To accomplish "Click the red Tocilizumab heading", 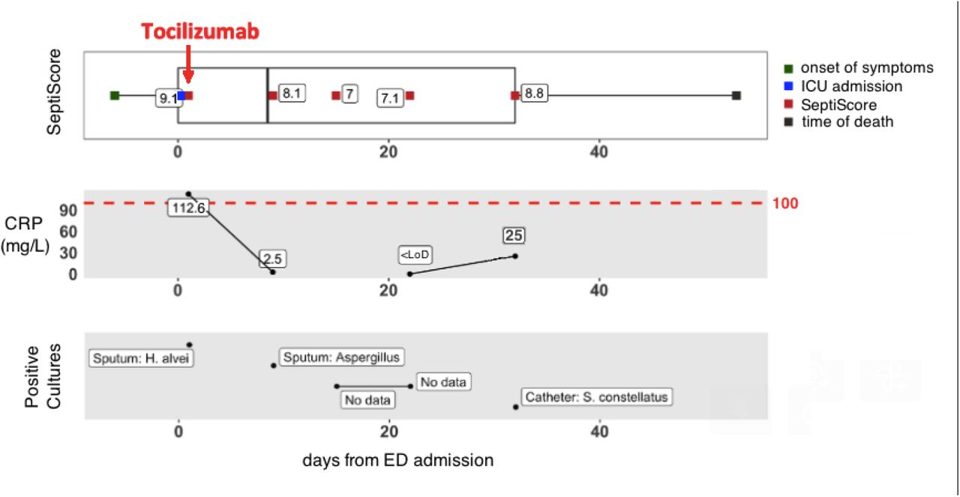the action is (200, 31).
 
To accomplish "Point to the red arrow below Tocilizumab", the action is (188, 64).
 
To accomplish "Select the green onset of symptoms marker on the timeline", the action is (115, 95).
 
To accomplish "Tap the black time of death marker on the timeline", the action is (736, 95).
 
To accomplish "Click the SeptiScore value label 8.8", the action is (534, 94).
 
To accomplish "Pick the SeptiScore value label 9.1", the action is (168, 98).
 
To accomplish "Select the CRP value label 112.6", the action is (188, 208).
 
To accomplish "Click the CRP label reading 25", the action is (514, 235).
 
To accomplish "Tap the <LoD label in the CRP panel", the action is (415, 255).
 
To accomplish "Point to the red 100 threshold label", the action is (785, 203).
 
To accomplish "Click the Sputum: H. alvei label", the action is (141, 358).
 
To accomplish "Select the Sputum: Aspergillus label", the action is (341, 357).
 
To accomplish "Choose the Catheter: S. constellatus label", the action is (596, 397).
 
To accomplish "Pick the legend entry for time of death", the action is (839, 121).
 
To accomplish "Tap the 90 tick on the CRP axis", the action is (68, 211).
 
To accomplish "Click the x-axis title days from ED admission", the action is (398, 460).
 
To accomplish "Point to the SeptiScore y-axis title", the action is (54, 91).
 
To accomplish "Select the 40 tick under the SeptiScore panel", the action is (598, 151).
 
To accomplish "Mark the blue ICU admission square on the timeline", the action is (181, 95).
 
